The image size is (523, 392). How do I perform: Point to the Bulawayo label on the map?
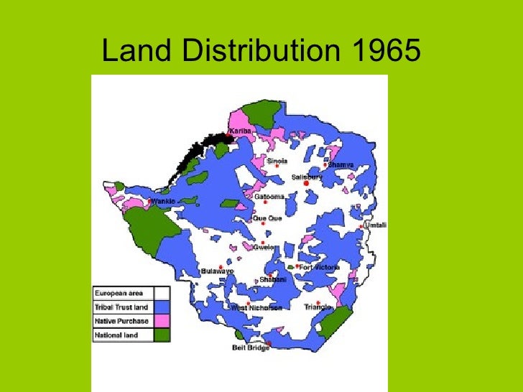[x=217, y=271]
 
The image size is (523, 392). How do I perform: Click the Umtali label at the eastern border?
[x=375, y=225]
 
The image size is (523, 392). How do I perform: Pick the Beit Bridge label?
[x=251, y=348]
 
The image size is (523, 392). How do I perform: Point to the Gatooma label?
[x=269, y=196]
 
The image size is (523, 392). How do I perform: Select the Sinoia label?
[x=277, y=161]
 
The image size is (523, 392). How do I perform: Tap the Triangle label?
[x=317, y=307]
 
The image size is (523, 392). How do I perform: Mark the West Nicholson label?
[x=256, y=307]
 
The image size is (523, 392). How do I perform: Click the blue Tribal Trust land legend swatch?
[x=162, y=307]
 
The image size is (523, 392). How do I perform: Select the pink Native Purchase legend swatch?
[x=162, y=320]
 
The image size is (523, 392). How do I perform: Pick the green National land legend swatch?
[x=162, y=334]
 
